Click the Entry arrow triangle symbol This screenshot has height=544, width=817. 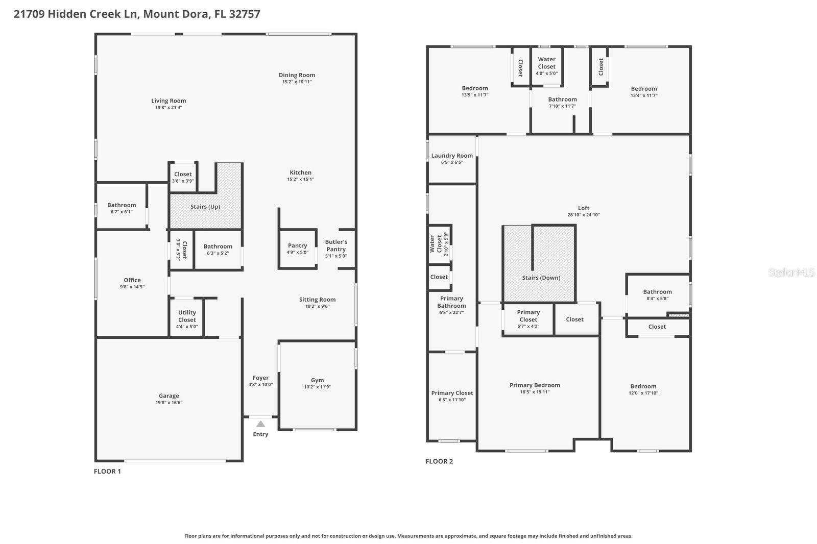coord(260,424)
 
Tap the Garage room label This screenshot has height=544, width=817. coord(169,395)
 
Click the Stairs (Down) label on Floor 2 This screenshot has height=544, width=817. coord(541,278)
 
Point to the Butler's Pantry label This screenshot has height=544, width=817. coord(336,245)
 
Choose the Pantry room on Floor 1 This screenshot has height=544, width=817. coord(297,249)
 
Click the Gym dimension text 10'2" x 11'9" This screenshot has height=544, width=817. coord(317,387)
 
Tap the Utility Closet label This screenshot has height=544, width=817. coord(187,316)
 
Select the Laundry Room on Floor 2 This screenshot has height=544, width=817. coord(452,158)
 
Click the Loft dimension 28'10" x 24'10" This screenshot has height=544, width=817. coord(584,215)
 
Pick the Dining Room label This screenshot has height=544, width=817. coord(297,75)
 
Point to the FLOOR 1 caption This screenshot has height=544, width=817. coord(107,471)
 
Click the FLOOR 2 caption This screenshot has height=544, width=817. coord(439,461)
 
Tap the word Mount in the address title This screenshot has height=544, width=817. coord(160,14)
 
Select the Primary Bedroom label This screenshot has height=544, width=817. coord(535,385)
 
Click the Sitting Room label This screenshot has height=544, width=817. coord(317,300)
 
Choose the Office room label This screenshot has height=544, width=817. coord(132,280)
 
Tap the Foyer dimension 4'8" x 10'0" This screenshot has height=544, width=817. coord(260,384)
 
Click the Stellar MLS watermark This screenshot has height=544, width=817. coord(791,273)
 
